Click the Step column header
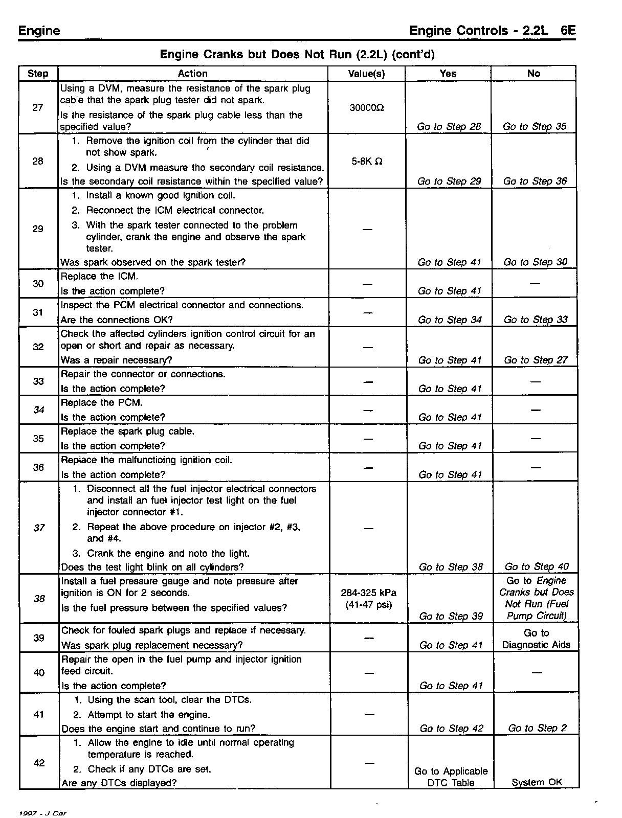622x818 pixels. tap(38, 74)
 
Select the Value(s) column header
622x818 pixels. tap(366, 74)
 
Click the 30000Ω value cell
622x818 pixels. tap(366, 108)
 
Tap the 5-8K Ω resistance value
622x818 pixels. tap(366, 162)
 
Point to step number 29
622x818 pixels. tap(38, 229)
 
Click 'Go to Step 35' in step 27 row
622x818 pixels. tap(535, 126)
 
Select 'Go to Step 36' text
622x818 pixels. tap(535, 181)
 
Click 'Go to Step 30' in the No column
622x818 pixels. tap(535, 262)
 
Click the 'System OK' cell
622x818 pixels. tap(537, 782)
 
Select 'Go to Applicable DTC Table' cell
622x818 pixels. tap(451, 777)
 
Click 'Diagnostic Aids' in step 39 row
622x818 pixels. tap(536, 645)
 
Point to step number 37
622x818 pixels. tap(39, 528)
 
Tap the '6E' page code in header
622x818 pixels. tap(568, 30)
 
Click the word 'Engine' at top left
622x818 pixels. tap(39, 31)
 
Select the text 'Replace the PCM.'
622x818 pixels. tap(101, 402)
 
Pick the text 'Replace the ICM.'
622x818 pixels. tap(99, 277)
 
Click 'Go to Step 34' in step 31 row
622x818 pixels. tap(450, 320)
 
